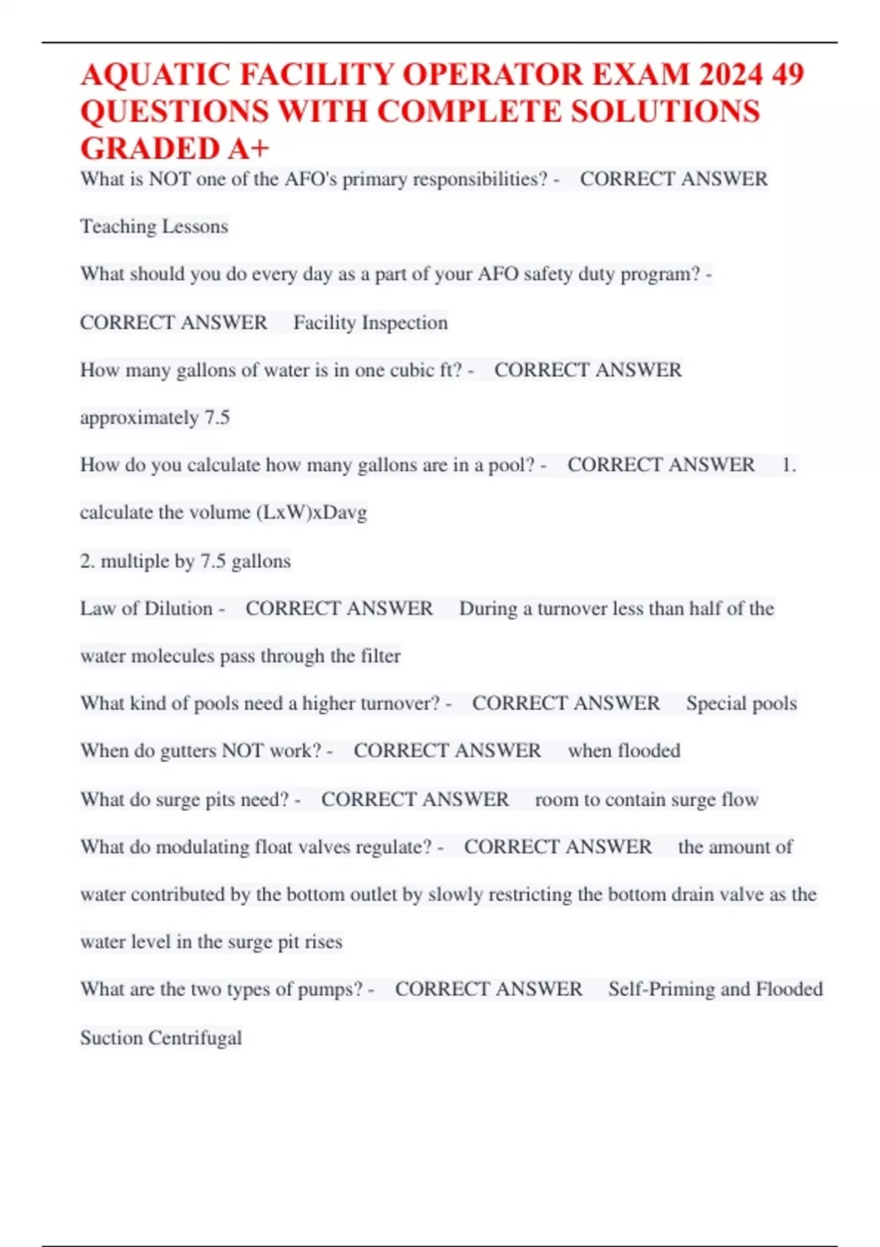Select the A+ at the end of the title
[249, 149]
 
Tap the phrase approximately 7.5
[155, 417]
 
